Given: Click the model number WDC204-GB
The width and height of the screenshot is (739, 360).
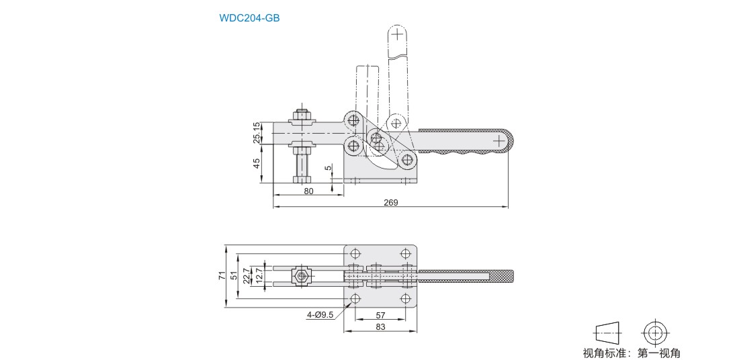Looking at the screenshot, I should (x=249, y=18).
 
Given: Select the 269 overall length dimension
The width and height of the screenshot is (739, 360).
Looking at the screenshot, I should (x=391, y=202).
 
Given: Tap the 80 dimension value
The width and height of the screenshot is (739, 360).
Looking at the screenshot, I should (x=308, y=191).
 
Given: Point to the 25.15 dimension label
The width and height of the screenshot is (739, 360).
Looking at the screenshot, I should (x=257, y=133).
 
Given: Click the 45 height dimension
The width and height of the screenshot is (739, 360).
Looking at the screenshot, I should (x=257, y=164).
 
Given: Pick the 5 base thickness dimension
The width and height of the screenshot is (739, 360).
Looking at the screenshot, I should (x=328, y=169).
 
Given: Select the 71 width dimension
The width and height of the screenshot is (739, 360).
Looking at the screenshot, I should (x=221, y=276).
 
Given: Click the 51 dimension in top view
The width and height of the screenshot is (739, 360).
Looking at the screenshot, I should (x=234, y=276).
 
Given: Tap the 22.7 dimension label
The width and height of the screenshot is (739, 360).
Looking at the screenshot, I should (x=246, y=276).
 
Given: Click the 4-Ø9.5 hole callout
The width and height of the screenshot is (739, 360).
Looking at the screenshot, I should (x=320, y=314).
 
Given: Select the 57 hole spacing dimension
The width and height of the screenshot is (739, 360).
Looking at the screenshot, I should (x=380, y=314).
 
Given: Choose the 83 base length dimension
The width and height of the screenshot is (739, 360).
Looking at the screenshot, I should (x=380, y=326).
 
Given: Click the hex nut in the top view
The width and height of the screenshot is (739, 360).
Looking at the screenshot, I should (x=302, y=276).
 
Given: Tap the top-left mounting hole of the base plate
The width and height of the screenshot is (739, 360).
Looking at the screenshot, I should (x=355, y=253).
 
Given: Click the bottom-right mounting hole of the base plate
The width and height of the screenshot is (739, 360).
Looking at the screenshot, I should (x=405, y=298).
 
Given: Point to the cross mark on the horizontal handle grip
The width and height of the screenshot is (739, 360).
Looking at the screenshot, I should (x=499, y=141).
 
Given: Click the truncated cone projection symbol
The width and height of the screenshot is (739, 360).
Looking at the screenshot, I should (x=607, y=332).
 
